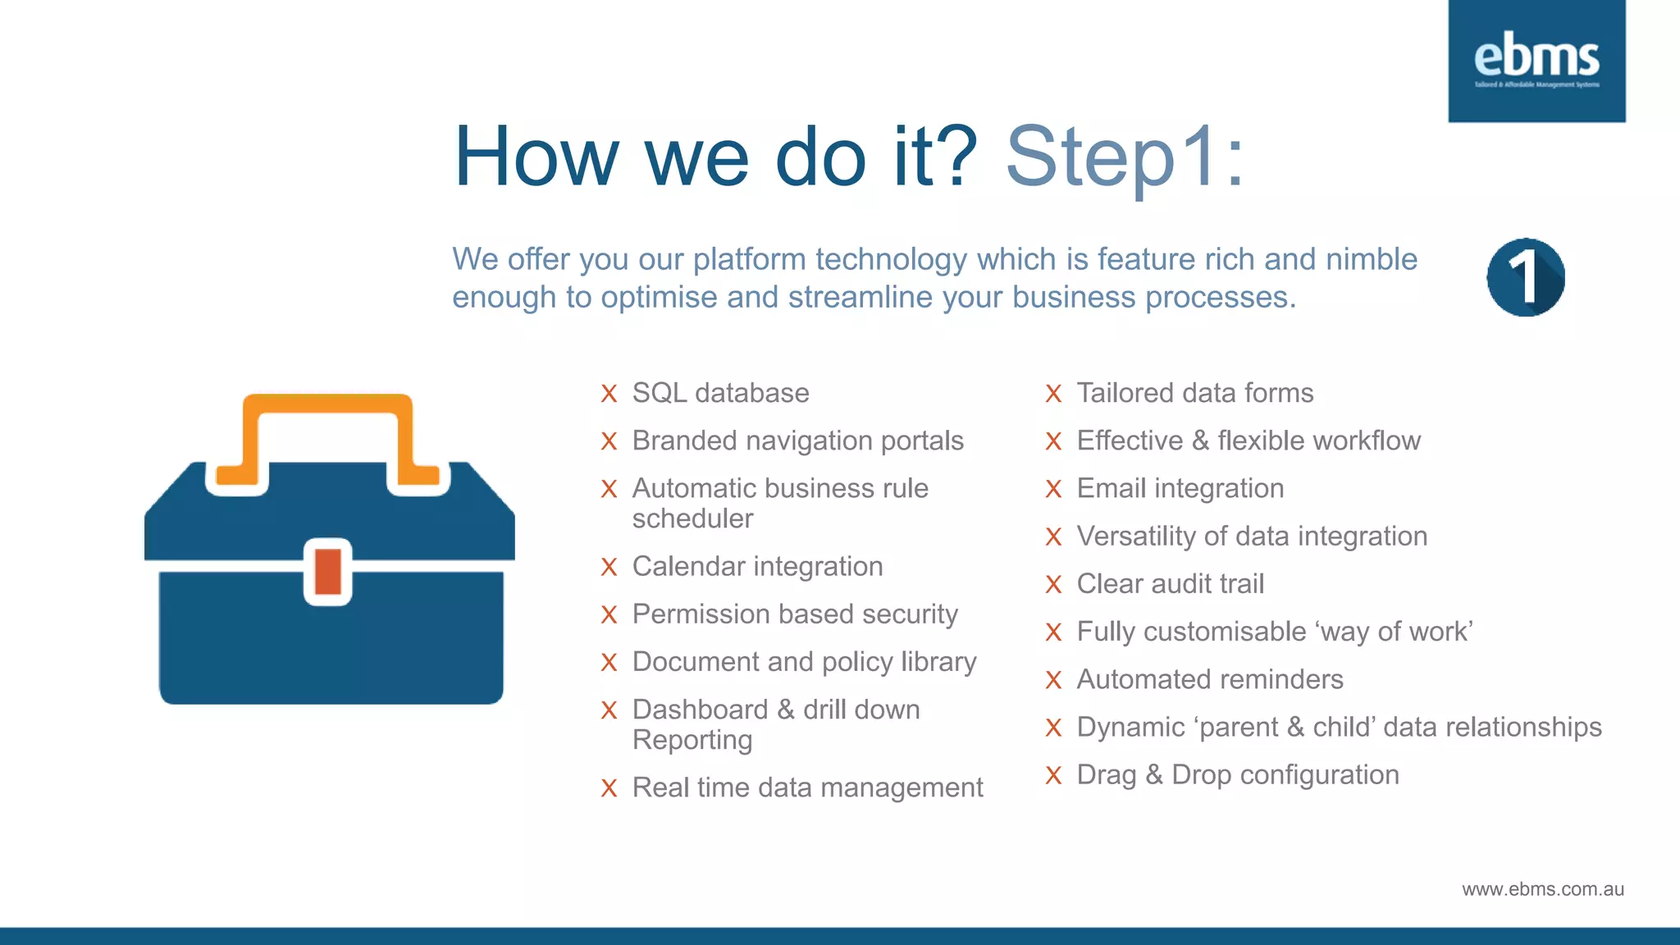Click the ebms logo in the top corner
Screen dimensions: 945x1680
[x=1536, y=61]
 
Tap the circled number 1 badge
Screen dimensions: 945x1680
[x=1525, y=278]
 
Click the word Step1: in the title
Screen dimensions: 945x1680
[x=1125, y=157]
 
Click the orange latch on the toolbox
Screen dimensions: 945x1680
[x=328, y=572]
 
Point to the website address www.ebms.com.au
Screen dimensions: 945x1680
[x=1542, y=889]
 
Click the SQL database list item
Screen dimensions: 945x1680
[x=720, y=393]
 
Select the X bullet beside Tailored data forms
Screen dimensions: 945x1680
[x=1053, y=394]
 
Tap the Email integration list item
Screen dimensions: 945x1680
[x=1180, y=488]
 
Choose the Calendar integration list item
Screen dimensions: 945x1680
[x=757, y=566]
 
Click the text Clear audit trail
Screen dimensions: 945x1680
[x=1170, y=583]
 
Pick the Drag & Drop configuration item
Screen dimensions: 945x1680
[x=1237, y=774]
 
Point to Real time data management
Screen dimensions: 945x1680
[x=807, y=787]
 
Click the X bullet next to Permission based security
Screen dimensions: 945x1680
[x=609, y=615]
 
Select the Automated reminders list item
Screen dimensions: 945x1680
[x=1209, y=679]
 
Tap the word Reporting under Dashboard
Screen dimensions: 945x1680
[x=692, y=740]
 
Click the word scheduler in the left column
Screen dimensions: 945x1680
[x=692, y=518]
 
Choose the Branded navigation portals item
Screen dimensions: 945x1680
[x=797, y=441]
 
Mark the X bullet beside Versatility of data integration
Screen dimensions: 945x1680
[x=1053, y=537]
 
